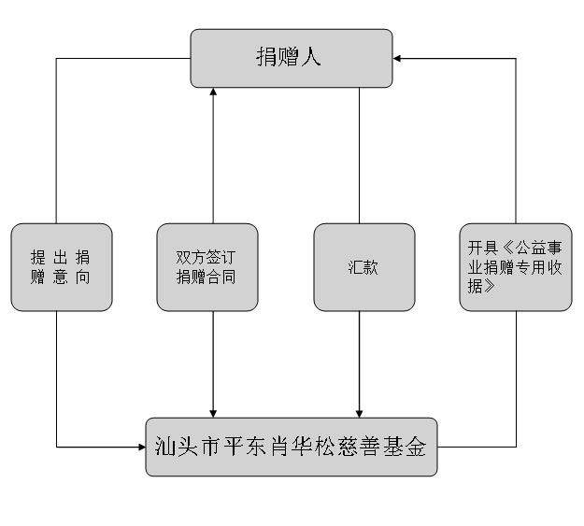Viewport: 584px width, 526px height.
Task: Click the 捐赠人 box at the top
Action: tap(291, 58)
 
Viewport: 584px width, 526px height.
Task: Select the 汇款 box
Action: tap(363, 266)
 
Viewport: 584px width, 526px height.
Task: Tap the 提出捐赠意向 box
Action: tap(62, 266)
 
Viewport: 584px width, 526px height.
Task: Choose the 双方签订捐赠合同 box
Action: tap(207, 266)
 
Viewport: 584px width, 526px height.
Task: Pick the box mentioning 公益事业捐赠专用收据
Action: tap(515, 266)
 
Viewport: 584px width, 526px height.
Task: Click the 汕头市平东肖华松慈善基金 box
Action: tap(291, 447)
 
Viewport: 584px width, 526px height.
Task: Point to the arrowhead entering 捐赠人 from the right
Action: tap(398, 58)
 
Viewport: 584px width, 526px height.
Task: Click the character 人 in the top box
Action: tap(312, 58)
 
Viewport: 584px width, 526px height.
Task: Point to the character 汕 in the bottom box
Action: tap(165, 447)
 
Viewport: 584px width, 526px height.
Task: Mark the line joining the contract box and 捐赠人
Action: tap(214, 159)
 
